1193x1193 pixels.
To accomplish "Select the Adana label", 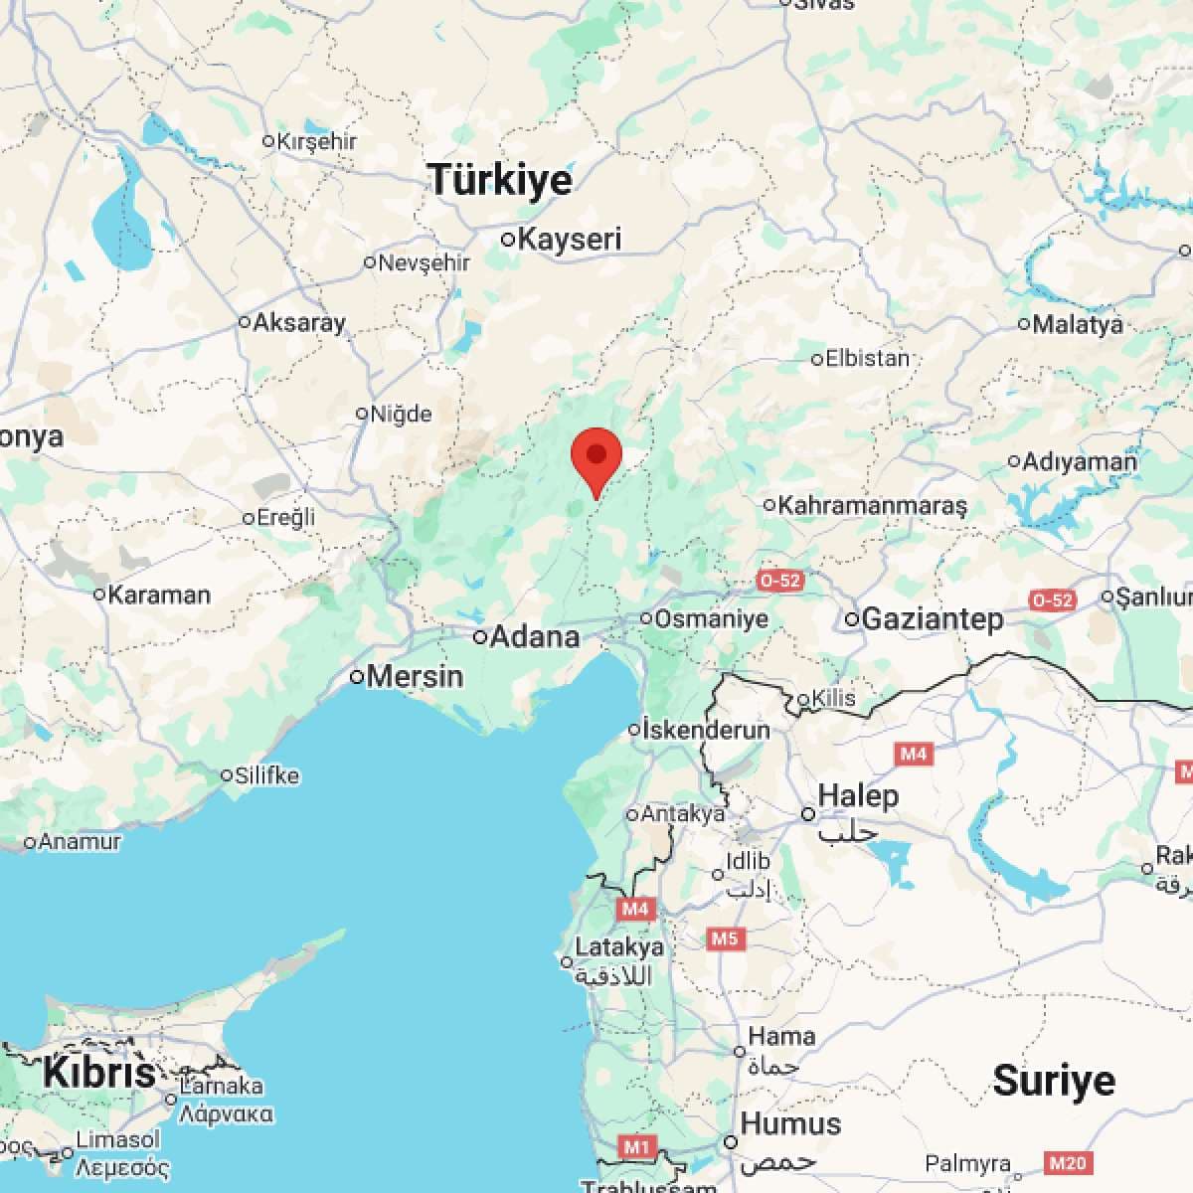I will click(x=536, y=636).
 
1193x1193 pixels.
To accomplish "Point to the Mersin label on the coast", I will click(x=415, y=677).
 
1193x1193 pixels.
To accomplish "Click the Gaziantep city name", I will click(x=933, y=619).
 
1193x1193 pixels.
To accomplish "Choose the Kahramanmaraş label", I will click(x=872, y=505).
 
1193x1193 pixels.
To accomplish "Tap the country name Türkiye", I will click(x=500, y=180).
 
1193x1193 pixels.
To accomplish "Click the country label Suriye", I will click(x=1054, y=1080).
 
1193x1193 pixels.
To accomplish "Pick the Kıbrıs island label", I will click(x=99, y=1073).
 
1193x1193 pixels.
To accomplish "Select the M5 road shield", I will click(x=724, y=938).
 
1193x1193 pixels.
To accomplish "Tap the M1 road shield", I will click(x=636, y=1147).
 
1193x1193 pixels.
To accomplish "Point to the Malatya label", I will click(x=1078, y=324).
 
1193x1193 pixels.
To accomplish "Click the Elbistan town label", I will click(x=867, y=358).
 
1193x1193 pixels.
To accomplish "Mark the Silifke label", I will click(x=266, y=775).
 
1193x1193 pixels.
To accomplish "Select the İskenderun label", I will click(x=706, y=730).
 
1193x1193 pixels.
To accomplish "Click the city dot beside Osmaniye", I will click(x=646, y=618).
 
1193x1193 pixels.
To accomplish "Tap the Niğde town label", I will click(x=401, y=414).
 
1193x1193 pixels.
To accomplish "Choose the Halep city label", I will click(x=858, y=796).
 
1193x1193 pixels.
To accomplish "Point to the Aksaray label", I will click(x=299, y=322).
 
